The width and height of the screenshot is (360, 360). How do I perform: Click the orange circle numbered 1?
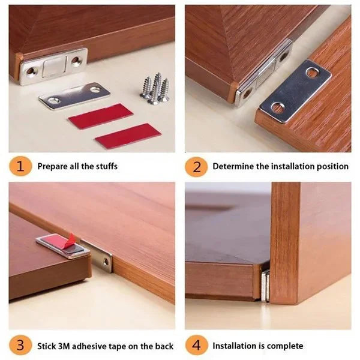21,166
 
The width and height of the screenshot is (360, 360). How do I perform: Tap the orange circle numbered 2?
196,166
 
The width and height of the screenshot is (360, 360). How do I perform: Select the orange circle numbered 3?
21,346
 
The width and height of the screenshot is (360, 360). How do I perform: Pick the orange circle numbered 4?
196,346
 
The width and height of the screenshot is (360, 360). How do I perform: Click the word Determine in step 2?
233,166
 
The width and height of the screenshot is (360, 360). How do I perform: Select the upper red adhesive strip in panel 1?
100,116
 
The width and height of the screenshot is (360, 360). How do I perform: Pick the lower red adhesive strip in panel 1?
128,136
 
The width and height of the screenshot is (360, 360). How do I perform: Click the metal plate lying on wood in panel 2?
295,90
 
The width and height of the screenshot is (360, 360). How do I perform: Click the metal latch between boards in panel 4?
265,283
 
